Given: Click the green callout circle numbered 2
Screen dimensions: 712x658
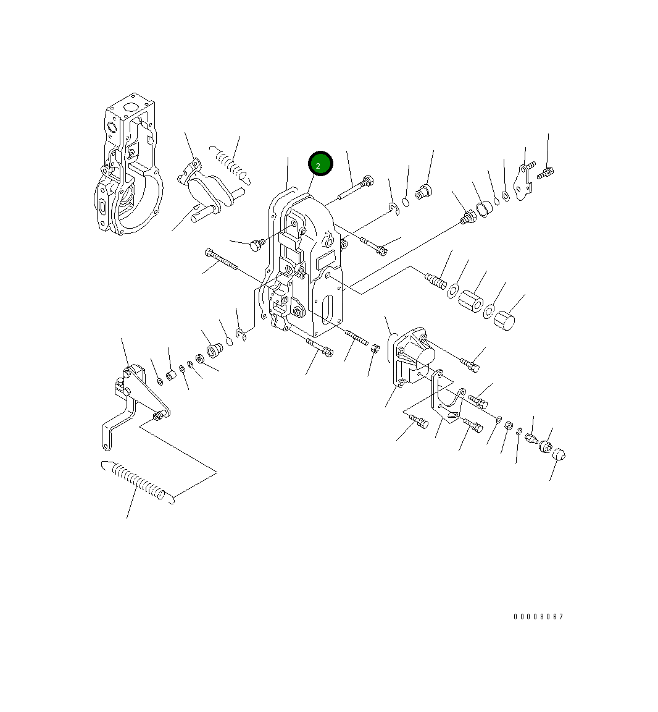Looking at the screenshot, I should click(320, 164).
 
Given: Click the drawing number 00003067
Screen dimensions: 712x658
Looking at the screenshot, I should click(538, 617).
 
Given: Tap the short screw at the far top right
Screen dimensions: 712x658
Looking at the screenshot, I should click(544, 174).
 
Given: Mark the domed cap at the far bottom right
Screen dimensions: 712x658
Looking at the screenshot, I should click(558, 454).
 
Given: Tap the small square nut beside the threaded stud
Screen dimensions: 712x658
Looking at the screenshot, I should click(374, 349).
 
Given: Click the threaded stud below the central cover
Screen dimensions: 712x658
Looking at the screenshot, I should click(356, 337).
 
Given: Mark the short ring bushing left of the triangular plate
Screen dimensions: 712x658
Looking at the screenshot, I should click(485, 210).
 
